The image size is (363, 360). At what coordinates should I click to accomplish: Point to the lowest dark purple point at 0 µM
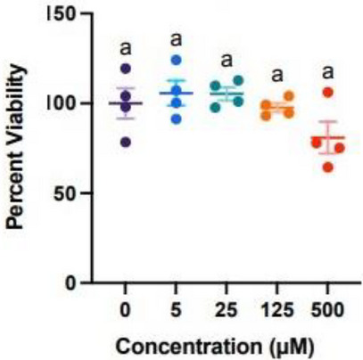126,141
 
